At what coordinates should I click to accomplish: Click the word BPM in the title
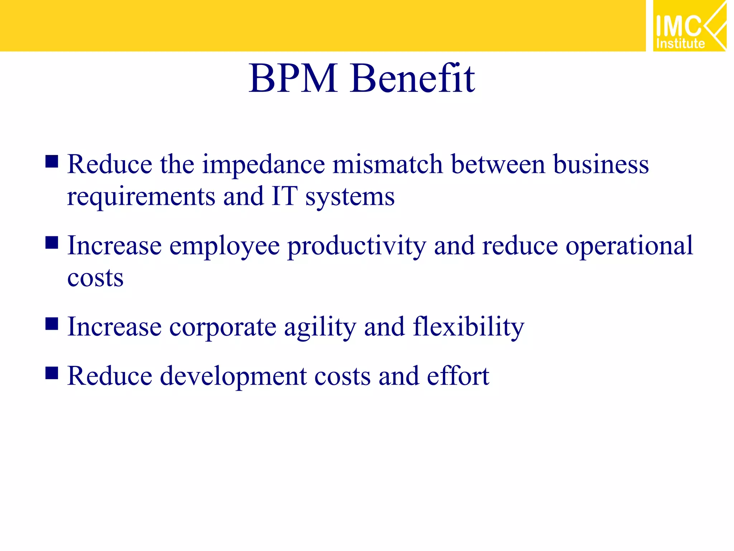[x=293, y=78]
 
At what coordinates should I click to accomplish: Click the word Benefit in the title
[x=413, y=78]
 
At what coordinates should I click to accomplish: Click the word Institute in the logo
[x=680, y=44]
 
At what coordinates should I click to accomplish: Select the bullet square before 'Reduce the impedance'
[x=52, y=161]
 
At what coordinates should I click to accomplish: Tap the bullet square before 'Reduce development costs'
[x=52, y=373]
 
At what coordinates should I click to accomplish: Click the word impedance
[x=263, y=165]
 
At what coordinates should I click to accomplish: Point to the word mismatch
[x=387, y=164]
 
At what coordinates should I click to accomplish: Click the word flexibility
[x=468, y=327]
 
